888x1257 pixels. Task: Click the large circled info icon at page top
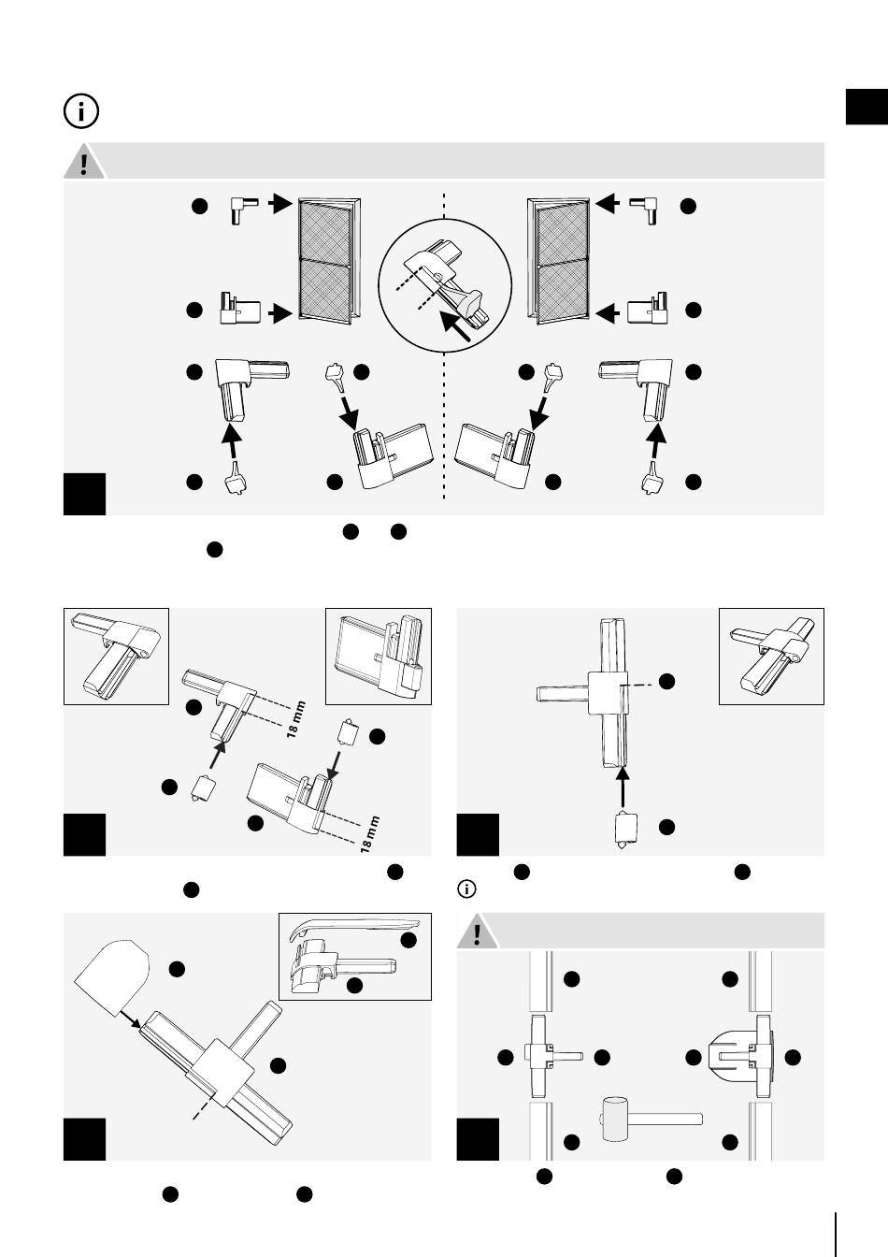[x=81, y=111]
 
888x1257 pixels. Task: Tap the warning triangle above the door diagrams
[x=84, y=161]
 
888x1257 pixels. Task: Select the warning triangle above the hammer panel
[x=478, y=932]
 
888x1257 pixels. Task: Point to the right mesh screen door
[x=559, y=261]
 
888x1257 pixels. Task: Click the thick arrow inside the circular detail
[x=455, y=326]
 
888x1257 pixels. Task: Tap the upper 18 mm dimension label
[x=295, y=719]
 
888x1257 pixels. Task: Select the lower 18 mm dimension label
[x=369, y=834]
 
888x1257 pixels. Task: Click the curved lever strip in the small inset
[x=354, y=929]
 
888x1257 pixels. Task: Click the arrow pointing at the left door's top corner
[x=280, y=203]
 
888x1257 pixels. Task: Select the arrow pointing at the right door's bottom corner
[x=608, y=312]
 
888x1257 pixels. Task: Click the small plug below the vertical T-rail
[x=625, y=829]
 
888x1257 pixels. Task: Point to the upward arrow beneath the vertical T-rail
[x=623, y=787]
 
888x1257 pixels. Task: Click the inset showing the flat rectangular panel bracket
[x=379, y=656]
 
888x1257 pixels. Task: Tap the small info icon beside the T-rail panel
[x=466, y=889]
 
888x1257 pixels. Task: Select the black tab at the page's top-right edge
[x=867, y=107]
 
